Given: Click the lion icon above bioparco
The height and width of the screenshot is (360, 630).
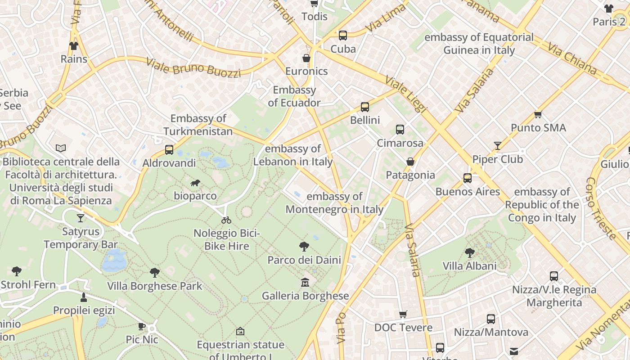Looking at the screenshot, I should (x=195, y=183).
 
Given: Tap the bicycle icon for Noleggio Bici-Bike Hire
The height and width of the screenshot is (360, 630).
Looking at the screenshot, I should (x=226, y=220).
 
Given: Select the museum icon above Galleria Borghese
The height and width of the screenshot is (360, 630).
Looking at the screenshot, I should (x=305, y=283).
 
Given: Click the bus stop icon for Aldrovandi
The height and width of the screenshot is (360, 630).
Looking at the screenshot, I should (x=169, y=150).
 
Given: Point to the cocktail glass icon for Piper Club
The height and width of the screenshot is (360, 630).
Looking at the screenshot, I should (x=497, y=145).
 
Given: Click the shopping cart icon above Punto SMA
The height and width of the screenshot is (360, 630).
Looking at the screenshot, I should (x=538, y=114).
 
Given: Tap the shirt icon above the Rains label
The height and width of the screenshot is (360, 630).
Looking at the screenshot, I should (x=74, y=46).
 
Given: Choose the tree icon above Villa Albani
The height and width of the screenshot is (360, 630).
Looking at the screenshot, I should (x=469, y=252).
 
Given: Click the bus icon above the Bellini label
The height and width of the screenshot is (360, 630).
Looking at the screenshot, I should (x=365, y=107).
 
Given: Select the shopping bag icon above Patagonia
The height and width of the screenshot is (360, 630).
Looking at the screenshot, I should (x=410, y=162).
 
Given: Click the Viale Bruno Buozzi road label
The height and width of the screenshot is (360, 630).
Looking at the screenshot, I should (x=193, y=67).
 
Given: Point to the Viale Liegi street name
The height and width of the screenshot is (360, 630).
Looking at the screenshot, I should (x=405, y=94).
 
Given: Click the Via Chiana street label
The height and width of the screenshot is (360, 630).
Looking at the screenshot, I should (x=571, y=58).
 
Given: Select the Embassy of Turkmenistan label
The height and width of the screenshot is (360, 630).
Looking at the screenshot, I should (x=198, y=125).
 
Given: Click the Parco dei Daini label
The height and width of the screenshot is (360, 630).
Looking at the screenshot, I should (x=304, y=260).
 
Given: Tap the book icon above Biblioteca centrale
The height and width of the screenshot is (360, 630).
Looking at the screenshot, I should (x=61, y=148).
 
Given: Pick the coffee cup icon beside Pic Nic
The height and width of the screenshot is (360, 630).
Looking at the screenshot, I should (x=142, y=326).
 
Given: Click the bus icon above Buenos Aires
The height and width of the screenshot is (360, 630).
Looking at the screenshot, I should (x=468, y=178).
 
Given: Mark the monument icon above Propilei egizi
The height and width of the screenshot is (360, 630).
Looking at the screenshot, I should (x=84, y=297).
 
